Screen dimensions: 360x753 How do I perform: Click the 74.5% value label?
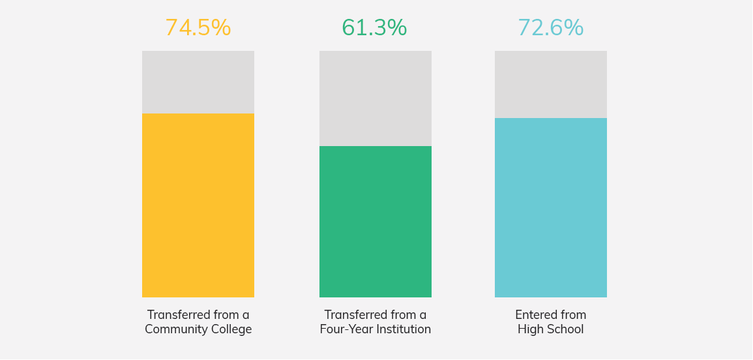pos(198,28)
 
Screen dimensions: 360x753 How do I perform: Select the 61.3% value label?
pos(374,28)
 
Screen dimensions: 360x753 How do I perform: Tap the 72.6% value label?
pos(550,28)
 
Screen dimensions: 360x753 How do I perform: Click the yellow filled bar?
pos(198,205)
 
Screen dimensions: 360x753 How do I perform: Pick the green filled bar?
pos(376,222)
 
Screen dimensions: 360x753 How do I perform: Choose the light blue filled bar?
pos(551,207)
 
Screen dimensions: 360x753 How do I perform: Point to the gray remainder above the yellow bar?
pos(198,82)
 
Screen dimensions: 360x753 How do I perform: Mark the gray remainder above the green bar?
pos(376,98)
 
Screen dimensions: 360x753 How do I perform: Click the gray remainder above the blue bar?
pos(551,84)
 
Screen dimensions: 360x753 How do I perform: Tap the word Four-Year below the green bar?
pos(344,330)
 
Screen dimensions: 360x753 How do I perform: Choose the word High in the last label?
pos(530,330)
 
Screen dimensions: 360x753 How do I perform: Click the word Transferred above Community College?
pos(174,315)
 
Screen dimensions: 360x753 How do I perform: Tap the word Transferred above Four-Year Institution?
pos(351,315)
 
